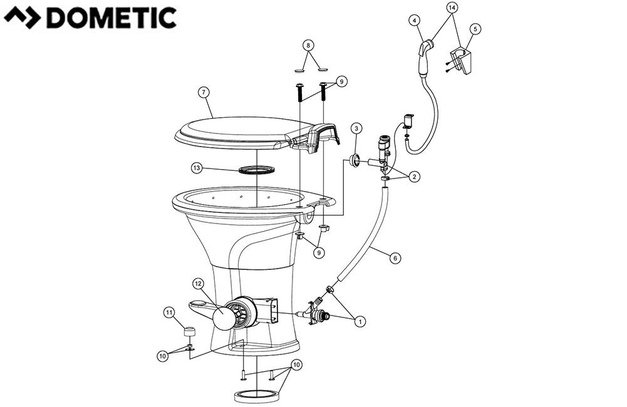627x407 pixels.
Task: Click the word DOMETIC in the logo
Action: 111,18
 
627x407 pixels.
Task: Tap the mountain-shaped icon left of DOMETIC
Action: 24,18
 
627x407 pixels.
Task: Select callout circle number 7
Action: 203,92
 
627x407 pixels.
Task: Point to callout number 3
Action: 356,130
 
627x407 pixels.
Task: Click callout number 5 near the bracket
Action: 477,29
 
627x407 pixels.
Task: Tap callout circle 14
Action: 452,7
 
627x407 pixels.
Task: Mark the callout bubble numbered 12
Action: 197,284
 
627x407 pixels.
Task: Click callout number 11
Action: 168,311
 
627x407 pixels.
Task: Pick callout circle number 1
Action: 360,321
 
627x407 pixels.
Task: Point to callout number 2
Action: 414,177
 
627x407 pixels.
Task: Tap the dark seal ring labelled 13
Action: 257,170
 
